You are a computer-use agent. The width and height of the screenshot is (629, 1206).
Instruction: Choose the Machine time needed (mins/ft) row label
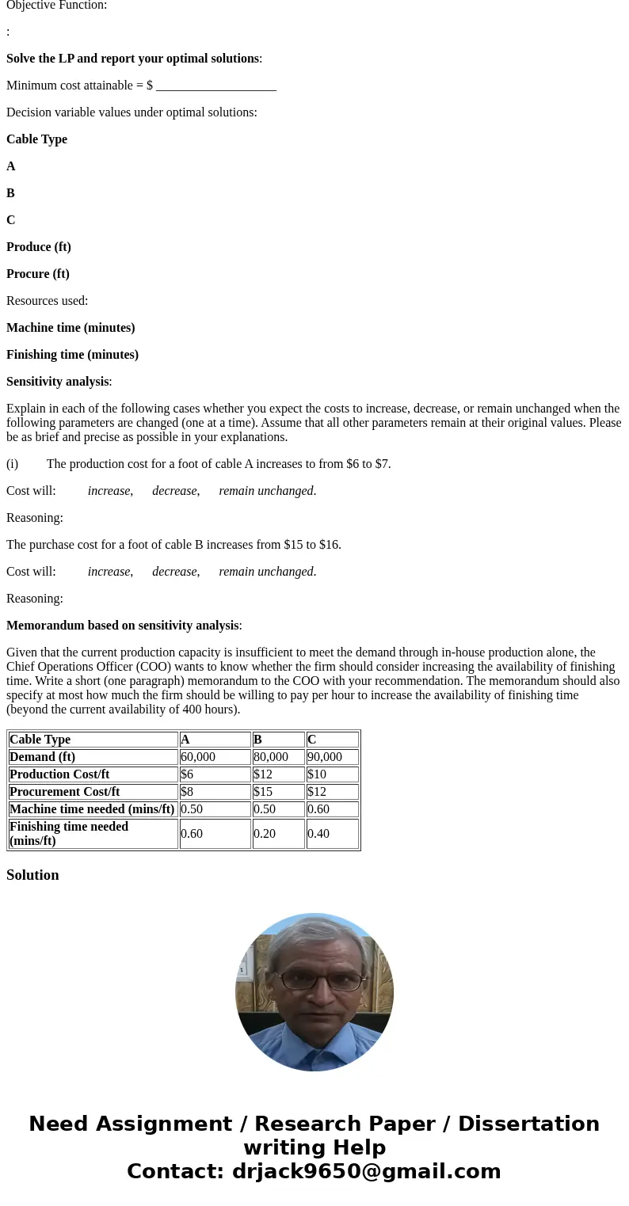[x=92, y=809]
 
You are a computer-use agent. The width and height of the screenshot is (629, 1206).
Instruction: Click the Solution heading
[x=32, y=875]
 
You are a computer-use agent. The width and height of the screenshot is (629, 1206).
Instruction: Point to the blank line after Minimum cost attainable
[x=215, y=86]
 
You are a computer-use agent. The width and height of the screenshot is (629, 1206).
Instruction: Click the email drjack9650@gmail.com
[x=366, y=1171]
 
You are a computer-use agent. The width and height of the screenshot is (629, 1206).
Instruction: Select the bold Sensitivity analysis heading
[x=57, y=382]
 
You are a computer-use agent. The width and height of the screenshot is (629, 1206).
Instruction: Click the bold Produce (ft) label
[x=39, y=247]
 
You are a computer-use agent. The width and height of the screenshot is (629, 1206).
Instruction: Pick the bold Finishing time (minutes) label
[x=72, y=355]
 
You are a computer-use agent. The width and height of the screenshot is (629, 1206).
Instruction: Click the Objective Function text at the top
[x=56, y=6]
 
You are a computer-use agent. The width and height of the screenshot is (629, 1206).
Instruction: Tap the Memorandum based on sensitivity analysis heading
[x=122, y=626]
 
